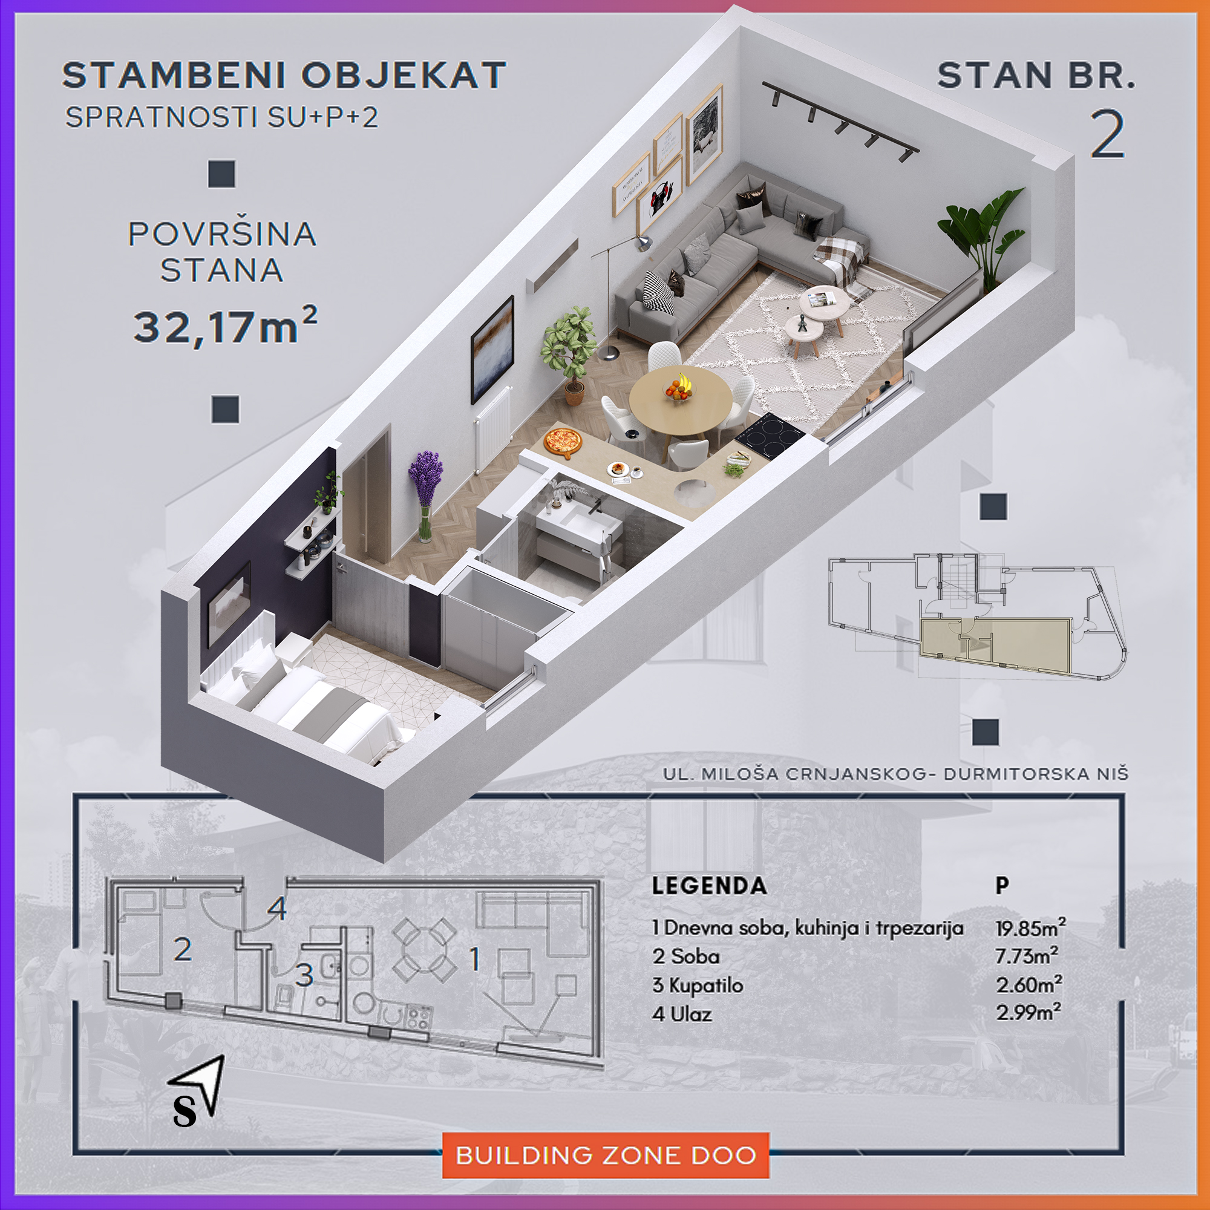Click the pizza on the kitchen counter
563,442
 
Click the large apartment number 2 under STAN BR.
1107,134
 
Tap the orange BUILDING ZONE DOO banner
605,1154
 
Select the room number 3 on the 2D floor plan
304,975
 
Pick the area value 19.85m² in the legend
1030,927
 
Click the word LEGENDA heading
709,886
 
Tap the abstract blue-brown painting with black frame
492,350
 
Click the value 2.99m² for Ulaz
1028,1013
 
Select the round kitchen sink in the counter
695,492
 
